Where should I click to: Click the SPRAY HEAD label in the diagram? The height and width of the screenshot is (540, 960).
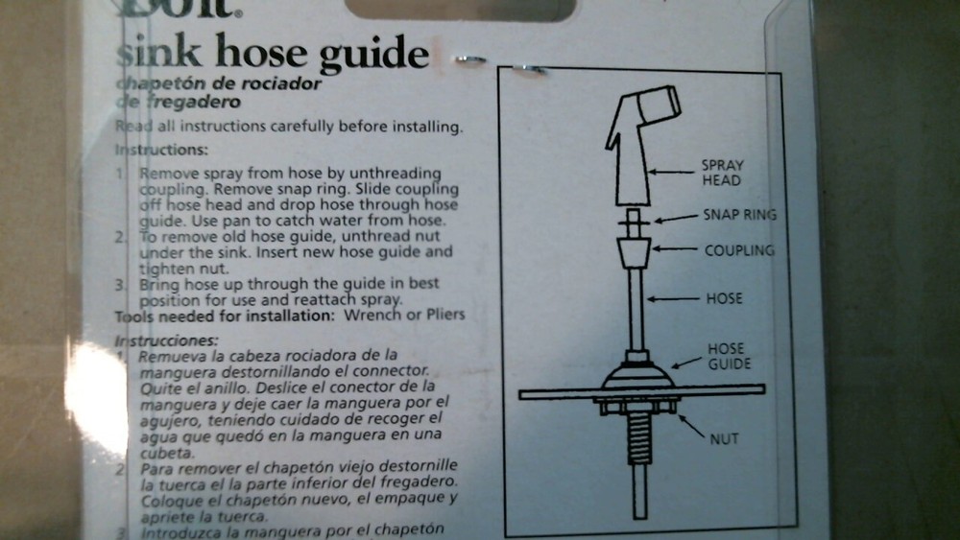721,173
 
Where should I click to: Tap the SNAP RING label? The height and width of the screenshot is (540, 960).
739,215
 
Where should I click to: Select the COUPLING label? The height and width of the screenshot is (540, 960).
739,251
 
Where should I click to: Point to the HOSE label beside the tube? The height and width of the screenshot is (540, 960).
725,298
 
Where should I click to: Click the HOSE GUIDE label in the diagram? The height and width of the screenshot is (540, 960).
727,356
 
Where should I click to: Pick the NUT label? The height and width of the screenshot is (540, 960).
723,440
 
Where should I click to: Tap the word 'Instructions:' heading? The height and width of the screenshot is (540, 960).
160,151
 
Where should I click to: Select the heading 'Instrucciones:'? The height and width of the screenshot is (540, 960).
166,340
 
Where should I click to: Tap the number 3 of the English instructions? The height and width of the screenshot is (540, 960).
120,285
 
